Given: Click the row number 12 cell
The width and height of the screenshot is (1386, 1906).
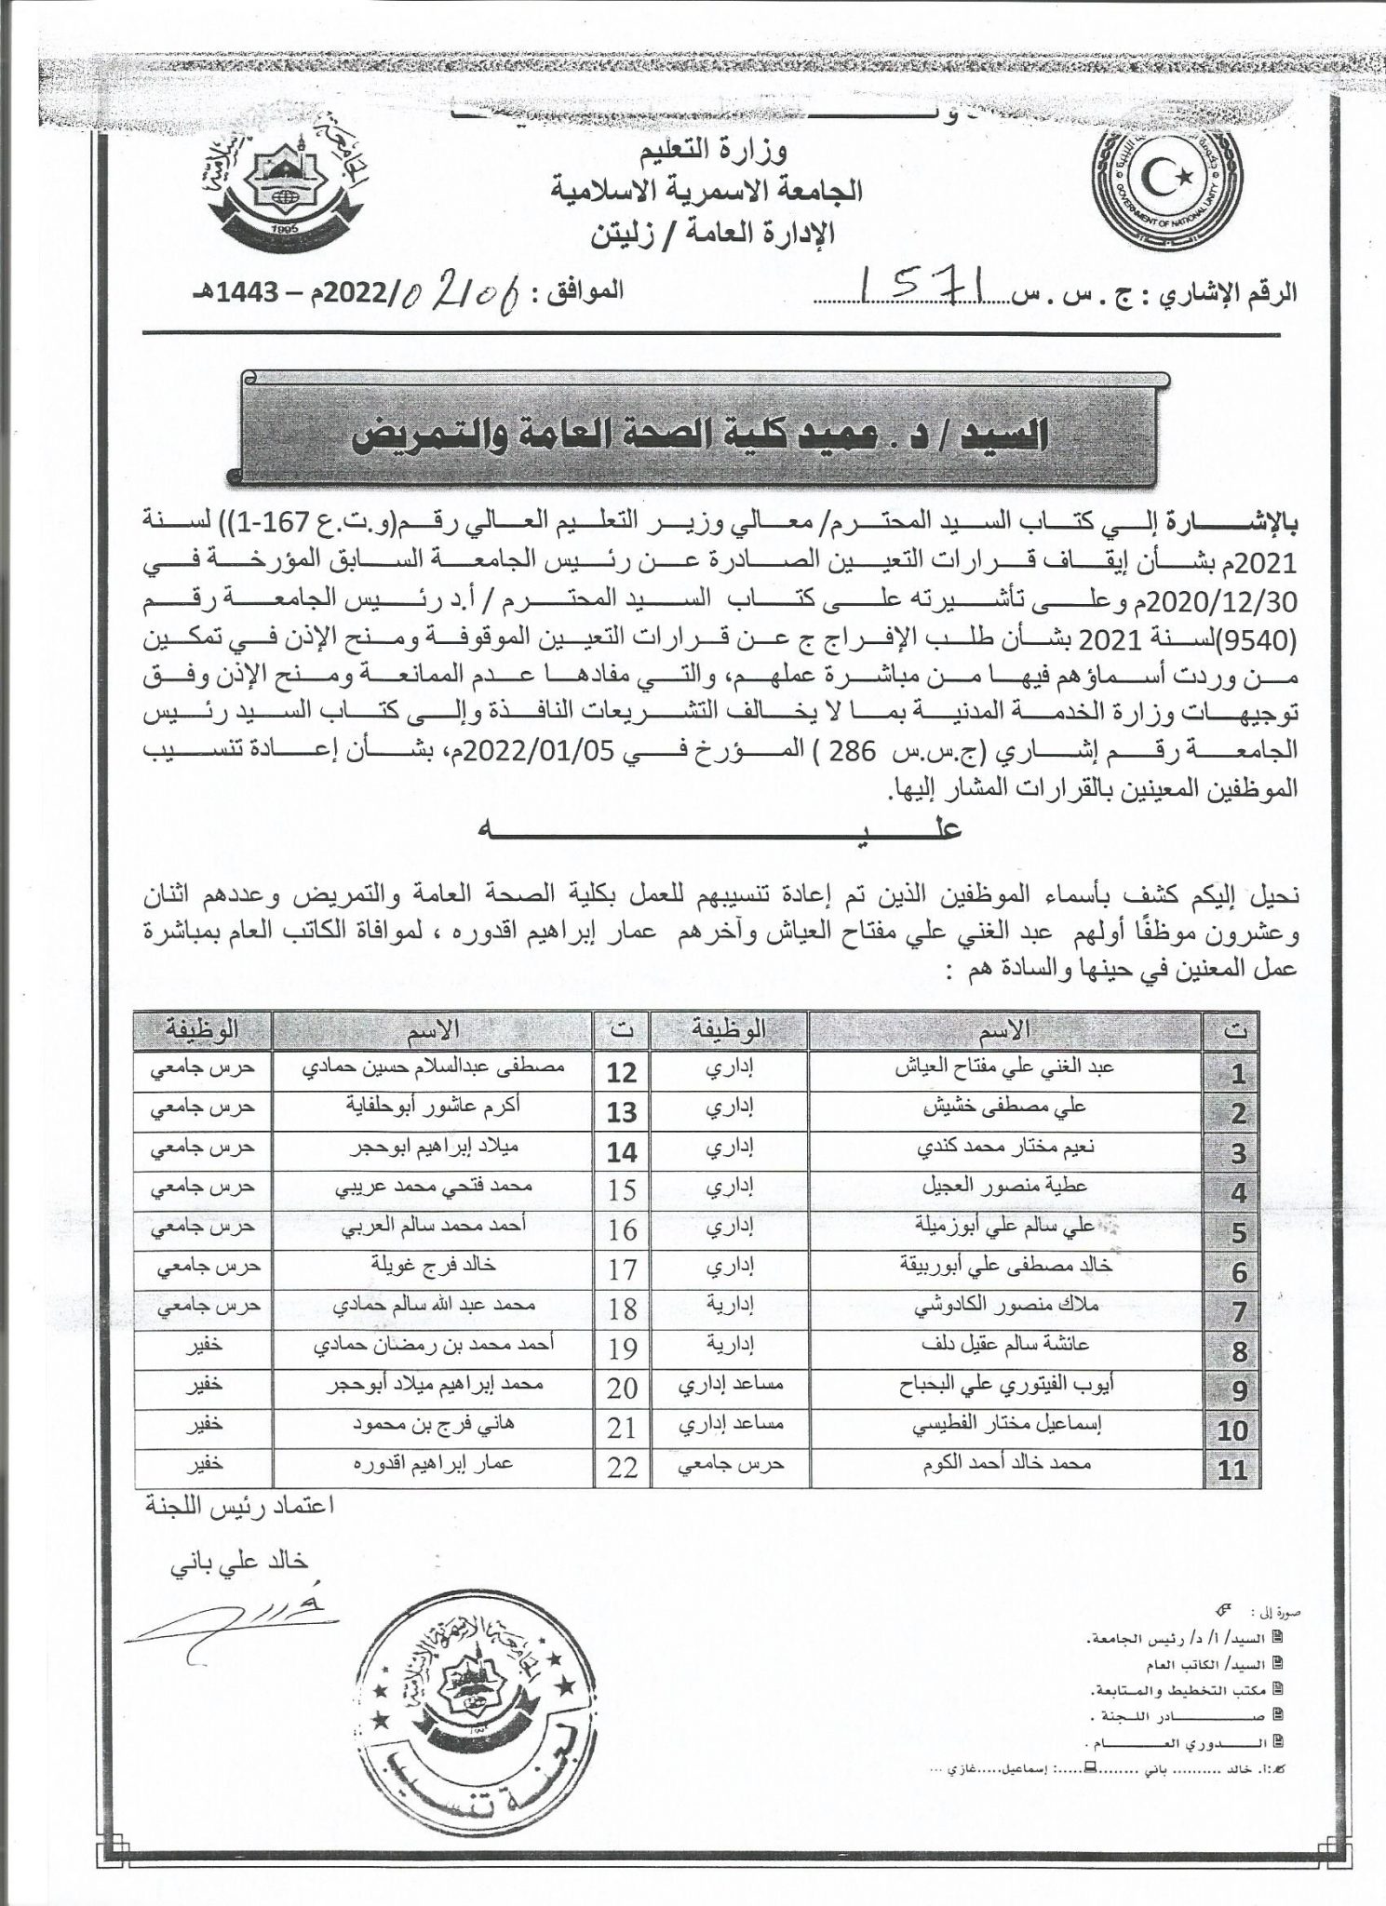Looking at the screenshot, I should point(621,1072).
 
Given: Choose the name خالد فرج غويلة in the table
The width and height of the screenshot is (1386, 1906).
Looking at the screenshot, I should point(436,1266).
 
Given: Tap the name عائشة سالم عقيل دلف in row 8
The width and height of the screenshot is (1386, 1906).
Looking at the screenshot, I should point(1005,1345).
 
